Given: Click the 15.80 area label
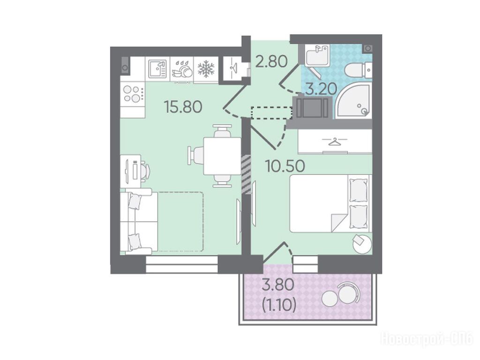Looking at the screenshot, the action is [183, 107].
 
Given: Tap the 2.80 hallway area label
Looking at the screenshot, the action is [271, 61].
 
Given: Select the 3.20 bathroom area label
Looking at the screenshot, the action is [321, 89].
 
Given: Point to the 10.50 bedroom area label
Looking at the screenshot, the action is [285, 166].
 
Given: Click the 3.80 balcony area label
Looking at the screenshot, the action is [278, 285].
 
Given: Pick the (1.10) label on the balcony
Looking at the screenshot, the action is [279, 305].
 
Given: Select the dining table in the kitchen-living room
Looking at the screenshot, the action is [222, 156].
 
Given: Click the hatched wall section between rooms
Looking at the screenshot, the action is [246, 174].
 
